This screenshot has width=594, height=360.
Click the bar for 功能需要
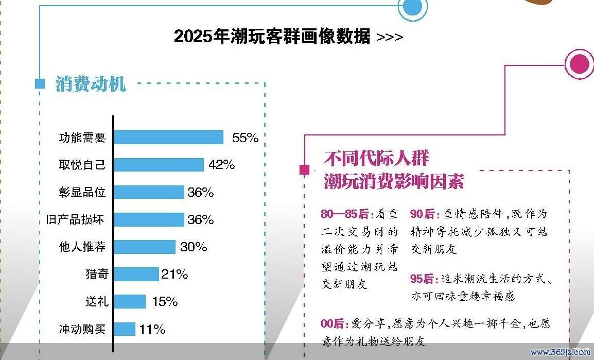tap(168, 138)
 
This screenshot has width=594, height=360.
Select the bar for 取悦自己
tap(159, 165)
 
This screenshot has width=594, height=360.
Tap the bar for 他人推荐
tap(144, 247)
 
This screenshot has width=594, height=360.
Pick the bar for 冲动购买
tap(124, 329)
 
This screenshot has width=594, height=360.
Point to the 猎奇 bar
tap(136, 274)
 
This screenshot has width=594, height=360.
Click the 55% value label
tap(244, 138)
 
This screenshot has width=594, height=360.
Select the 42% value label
tap(222, 165)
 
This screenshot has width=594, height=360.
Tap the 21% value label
tap(174, 275)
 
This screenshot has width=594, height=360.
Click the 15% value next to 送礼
tap(165, 301)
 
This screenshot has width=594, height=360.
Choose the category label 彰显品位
tap(82, 192)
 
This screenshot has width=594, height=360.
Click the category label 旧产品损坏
tap(75, 219)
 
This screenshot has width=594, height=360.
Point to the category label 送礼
tap(96, 301)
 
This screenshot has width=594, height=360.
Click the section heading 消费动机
tap(91, 83)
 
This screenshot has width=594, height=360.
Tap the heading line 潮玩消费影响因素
tap(394, 181)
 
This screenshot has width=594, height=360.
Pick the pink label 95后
tap(422, 279)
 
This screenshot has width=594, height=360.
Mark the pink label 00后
tap(332, 323)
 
